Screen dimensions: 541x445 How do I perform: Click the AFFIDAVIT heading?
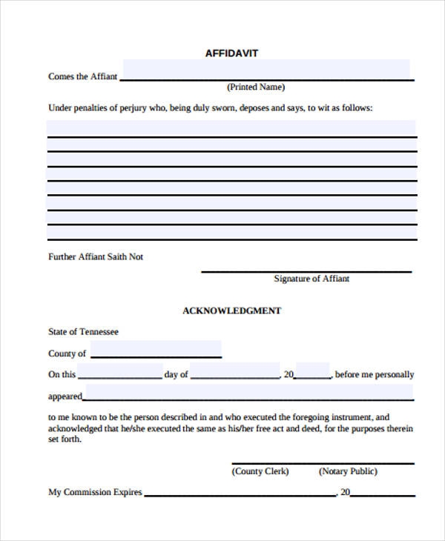click(x=231, y=53)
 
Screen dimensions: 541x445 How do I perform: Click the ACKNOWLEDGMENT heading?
click(x=231, y=311)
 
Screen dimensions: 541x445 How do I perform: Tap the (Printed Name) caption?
click(x=256, y=87)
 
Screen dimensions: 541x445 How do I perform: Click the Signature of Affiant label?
click(x=311, y=279)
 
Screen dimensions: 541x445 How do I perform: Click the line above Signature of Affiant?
click(x=306, y=271)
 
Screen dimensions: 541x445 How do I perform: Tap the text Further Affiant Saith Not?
click(x=96, y=256)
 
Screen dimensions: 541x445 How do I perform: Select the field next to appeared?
click(x=249, y=392)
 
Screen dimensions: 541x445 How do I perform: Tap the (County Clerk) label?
click(x=260, y=471)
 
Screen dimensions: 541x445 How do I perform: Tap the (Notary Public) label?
click(x=348, y=471)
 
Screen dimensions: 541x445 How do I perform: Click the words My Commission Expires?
click(x=95, y=492)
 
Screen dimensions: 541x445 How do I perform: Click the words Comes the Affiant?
click(x=82, y=76)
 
